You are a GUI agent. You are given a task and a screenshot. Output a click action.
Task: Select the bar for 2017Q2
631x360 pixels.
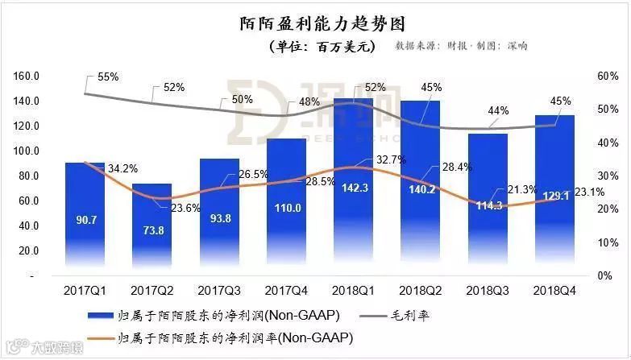click(152, 234)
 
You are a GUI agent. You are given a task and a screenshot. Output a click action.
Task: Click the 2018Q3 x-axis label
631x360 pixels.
click(491, 288)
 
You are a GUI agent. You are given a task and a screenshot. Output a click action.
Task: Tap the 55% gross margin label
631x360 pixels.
click(108, 77)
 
